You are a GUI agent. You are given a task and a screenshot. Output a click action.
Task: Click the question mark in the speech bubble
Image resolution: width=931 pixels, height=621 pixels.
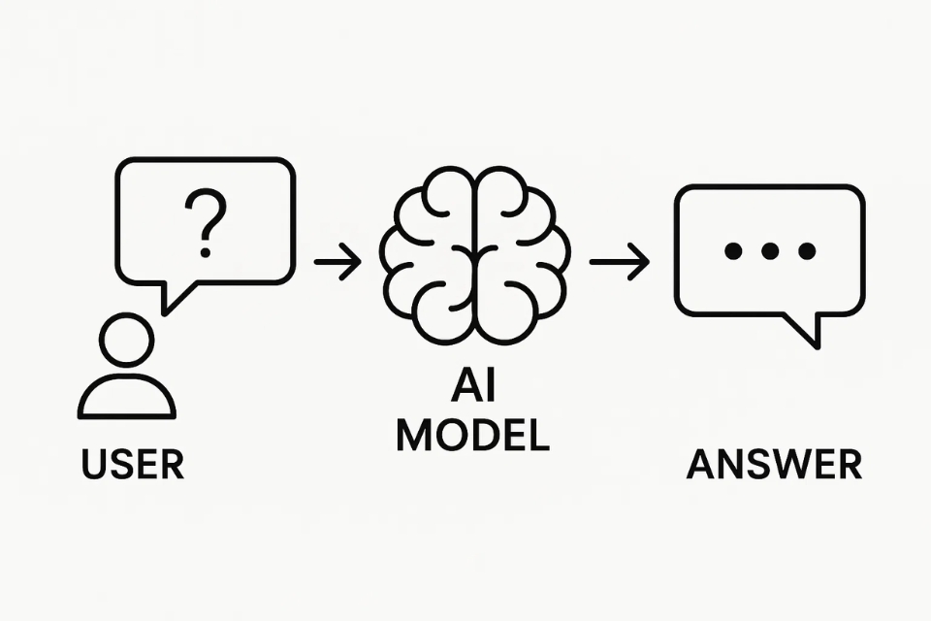click(205, 221)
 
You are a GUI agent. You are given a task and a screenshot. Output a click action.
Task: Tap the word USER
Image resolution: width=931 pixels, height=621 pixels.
click(133, 464)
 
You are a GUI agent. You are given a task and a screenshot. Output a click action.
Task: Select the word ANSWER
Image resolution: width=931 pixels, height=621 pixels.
click(774, 464)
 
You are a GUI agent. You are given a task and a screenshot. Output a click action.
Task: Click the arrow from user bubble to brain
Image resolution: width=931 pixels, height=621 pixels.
click(337, 262)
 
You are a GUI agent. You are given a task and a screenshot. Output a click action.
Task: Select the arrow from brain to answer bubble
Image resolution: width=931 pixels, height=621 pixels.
click(619, 262)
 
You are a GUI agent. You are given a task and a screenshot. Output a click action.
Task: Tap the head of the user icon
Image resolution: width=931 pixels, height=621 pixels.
click(126, 340)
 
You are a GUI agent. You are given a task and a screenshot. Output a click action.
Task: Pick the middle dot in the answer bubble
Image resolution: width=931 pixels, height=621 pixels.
click(770, 251)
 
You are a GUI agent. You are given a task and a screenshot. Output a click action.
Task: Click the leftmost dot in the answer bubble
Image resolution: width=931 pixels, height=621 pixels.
click(734, 251)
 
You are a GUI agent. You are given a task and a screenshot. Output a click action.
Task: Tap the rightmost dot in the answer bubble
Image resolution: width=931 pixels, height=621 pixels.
click(807, 251)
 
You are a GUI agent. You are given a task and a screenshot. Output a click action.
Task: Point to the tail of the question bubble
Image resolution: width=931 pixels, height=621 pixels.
click(175, 295)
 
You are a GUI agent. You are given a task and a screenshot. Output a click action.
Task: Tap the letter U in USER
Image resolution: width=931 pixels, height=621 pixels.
click(94, 464)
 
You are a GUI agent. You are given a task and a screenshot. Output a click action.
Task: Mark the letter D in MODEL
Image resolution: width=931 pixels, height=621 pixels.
click(485, 436)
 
